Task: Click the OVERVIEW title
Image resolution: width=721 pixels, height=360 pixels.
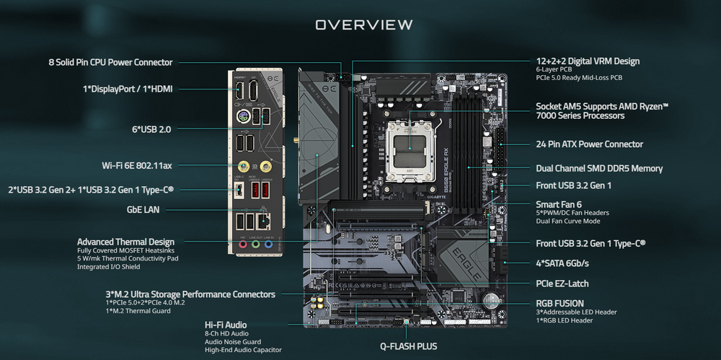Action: point(363,25)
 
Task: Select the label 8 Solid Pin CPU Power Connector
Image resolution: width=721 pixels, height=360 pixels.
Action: point(110,63)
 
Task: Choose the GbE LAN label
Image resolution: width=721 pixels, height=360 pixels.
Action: point(143,210)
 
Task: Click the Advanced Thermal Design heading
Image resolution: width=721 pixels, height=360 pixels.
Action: point(125,242)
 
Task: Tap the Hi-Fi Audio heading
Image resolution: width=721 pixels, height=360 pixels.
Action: point(226,325)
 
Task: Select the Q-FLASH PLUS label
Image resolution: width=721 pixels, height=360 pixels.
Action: point(408,346)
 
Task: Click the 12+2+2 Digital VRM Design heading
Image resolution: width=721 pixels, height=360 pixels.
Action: point(588,61)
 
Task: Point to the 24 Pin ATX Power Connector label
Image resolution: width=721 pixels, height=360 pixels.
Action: point(590,144)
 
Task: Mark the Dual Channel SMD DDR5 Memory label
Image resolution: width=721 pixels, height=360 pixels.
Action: point(599,169)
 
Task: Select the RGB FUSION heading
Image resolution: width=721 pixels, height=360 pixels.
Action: point(559,303)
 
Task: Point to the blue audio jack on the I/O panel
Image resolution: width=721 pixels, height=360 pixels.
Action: point(268,245)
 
